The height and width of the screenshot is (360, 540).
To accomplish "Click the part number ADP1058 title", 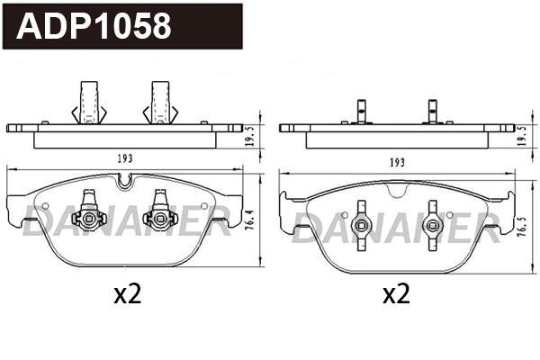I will (94, 26).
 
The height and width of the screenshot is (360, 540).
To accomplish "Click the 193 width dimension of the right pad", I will (394, 163).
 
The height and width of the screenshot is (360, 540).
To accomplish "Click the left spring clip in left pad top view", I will (90, 101).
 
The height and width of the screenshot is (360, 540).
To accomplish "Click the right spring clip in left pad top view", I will (160, 101).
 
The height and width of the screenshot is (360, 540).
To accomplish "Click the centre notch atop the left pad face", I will (125, 184).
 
